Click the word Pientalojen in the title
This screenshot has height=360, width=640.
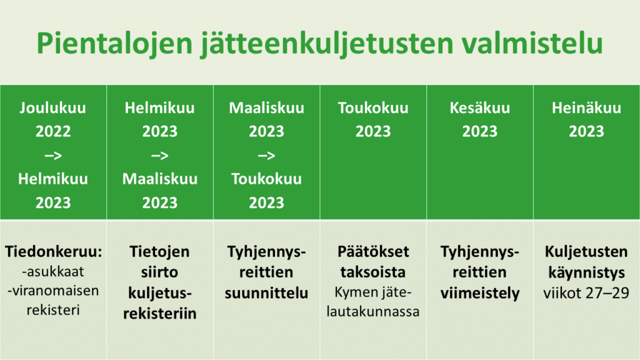(114, 43)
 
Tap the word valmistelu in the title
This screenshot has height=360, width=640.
(532, 42)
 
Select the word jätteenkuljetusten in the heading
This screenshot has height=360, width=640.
(327, 43)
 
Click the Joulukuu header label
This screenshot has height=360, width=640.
(53, 107)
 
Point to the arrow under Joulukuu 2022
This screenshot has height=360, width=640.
(53, 156)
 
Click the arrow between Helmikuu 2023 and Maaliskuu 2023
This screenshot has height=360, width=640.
(159, 156)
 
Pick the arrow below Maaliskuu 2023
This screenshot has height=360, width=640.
(266, 156)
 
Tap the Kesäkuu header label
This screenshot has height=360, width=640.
(480, 107)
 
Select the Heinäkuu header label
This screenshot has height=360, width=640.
(586, 107)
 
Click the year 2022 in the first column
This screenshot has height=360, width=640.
(53, 131)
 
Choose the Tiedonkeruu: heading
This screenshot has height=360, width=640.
(53, 252)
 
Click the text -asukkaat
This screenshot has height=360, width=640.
(53, 271)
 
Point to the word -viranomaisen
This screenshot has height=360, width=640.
(53, 291)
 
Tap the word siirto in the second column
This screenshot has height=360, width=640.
(159, 272)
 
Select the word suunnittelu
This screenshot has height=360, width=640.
(266, 293)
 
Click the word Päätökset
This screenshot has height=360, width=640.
(373, 251)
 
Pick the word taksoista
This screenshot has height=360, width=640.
(373, 272)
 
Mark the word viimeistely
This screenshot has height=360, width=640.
(480, 293)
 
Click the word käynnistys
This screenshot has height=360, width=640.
(586, 272)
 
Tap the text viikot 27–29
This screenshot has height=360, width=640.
(586, 293)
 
